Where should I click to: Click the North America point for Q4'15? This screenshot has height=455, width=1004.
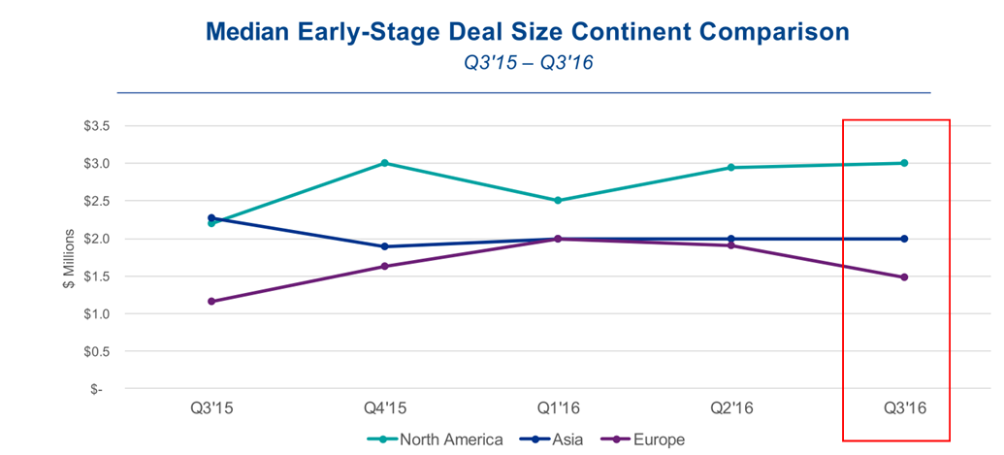tap(385, 163)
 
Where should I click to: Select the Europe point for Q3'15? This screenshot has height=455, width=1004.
tap(211, 301)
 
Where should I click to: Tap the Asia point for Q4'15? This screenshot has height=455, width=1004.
tap(385, 246)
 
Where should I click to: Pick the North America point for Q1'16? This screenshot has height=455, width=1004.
tap(559, 201)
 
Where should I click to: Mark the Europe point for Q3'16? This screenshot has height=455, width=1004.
tap(905, 277)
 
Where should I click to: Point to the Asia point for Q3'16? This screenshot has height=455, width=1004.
tap(905, 239)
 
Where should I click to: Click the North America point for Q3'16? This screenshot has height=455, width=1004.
tap(905, 163)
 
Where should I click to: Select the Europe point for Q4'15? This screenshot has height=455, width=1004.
tap(385, 266)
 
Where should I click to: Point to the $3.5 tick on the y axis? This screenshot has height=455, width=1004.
tap(98, 126)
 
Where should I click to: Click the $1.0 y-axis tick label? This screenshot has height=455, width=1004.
tap(98, 314)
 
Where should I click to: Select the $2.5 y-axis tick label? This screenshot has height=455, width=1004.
tap(98, 201)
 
